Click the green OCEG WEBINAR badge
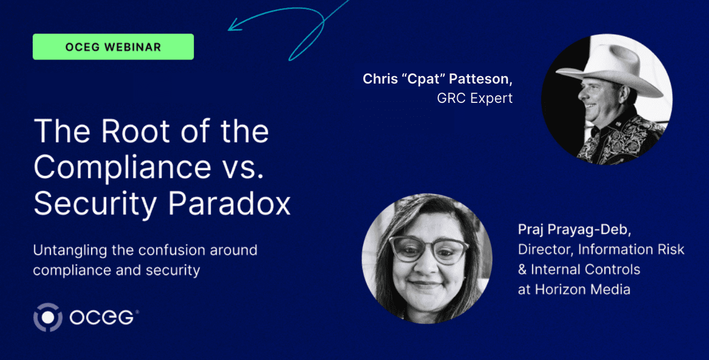click(113, 47)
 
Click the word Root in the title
click(136, 131)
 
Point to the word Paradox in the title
click(229, 204)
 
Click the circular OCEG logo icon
click(48, 317)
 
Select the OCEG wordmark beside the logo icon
click(102, 317)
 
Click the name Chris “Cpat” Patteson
click(437, 79)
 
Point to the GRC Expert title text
click(475, 99)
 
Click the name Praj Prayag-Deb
click(574, 230)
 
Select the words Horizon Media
click(583, 290)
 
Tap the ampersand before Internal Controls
click(523, 270)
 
